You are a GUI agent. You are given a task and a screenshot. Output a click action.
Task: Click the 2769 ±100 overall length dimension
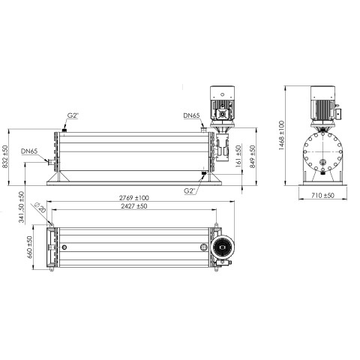(134, 198)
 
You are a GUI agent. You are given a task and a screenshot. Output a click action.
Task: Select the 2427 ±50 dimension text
(134, 206)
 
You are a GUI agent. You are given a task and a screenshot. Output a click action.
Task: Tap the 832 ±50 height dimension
(5, 157)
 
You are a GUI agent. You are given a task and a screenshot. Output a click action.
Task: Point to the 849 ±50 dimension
(253, 157)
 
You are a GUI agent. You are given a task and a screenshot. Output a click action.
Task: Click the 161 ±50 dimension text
(238, 156)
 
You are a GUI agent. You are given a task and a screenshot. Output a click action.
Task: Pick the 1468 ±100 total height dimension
(281, 135)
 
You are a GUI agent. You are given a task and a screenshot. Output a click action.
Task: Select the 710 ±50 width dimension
(322, 195)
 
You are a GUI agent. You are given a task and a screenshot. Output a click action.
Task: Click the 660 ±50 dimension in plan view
(29, 247)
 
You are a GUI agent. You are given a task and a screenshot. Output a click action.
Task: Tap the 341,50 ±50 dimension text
(22, 207)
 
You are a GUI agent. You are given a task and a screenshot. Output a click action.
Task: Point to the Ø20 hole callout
(40, 208)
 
